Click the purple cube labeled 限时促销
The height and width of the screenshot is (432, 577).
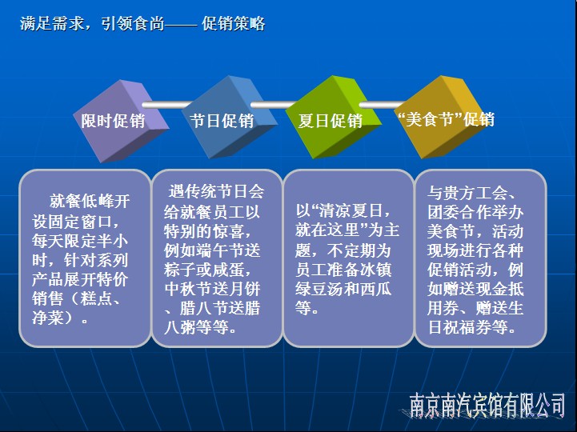[119, 122]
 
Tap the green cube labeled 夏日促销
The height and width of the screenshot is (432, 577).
[333, 118]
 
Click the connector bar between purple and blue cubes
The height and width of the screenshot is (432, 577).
[167, 105]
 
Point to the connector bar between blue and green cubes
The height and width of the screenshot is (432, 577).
[274, 105]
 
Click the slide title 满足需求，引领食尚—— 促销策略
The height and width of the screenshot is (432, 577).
[142, 24]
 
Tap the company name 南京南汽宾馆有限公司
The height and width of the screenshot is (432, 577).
[487, 405]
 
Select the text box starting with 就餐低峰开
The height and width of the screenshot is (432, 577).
[85, 258]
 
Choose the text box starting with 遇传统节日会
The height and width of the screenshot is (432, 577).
[217, 258]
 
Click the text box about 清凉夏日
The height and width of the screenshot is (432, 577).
[348, 258]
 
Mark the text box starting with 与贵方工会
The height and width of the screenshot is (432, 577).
[481, 258]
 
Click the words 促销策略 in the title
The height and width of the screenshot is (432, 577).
[234, 24]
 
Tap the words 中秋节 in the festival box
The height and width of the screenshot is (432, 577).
[188, 290]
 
